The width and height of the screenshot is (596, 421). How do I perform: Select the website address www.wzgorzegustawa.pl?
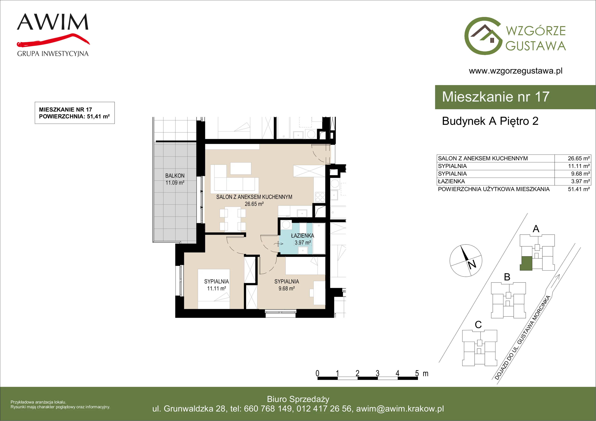(x=516, y=71)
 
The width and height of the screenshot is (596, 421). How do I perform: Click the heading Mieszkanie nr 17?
(x=496, y=97)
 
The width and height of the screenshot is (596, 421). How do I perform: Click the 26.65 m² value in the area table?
(x=579, y=158)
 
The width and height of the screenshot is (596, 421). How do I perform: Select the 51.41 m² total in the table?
(x=579, y=189)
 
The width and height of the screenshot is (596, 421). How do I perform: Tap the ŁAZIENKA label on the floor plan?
(x=302, y=236)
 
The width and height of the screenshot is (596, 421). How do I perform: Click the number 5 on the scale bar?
(x=417, y=374)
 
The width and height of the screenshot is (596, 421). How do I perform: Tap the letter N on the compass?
(x=472, y=264)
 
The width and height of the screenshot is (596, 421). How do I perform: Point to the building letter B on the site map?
(x=507, y=277)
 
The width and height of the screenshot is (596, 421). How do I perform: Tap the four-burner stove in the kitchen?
(x=320, y=197)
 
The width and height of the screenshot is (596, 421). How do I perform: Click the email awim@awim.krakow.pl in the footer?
(x=400, y=409)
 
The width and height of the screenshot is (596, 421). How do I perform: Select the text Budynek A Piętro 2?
(x=490, y=121)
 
